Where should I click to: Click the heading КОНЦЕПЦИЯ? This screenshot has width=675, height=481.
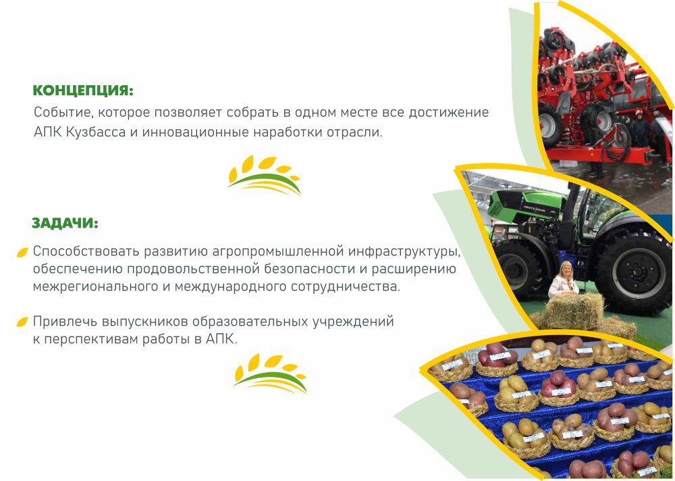(83, 91)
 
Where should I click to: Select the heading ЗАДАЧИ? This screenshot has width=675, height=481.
(65, 223)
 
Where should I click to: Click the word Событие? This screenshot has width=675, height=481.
(63, 113)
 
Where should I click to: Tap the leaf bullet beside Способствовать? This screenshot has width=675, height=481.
(22, 253)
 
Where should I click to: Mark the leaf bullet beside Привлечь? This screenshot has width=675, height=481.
(22, 322)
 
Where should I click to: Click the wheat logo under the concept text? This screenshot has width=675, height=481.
(264, 176)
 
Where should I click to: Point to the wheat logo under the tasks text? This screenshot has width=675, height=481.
(271, 374)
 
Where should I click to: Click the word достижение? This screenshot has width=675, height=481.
(449, 113)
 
